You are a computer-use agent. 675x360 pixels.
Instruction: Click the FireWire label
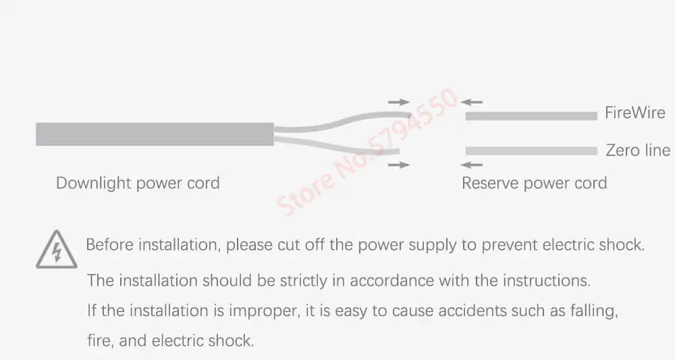(x=634, y=113)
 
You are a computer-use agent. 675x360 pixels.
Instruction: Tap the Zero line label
(x=638, y=150)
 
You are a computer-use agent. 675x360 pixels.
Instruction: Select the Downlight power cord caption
(x=138, y=183)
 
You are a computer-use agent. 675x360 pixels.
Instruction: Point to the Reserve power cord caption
(x=534, y=183)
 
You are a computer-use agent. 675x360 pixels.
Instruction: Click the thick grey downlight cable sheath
(x=155, y=134)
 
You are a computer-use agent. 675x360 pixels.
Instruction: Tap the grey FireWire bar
(x=531, y=116)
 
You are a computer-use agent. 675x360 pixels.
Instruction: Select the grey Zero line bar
(x=531, y=151)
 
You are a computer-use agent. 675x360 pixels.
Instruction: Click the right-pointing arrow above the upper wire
(x=399, y=102)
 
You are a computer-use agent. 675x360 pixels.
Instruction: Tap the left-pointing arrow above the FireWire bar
(x=472, y=102)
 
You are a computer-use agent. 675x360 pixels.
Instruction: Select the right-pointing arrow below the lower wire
(x=399, y=164)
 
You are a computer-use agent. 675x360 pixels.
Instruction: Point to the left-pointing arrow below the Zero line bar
(x=472, y=164)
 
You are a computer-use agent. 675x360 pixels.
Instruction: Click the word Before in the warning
(x=109, y=245)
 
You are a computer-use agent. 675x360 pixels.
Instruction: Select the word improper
(x=258, y=311)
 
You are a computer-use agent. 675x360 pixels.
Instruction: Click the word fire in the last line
(x=99, y=341)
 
